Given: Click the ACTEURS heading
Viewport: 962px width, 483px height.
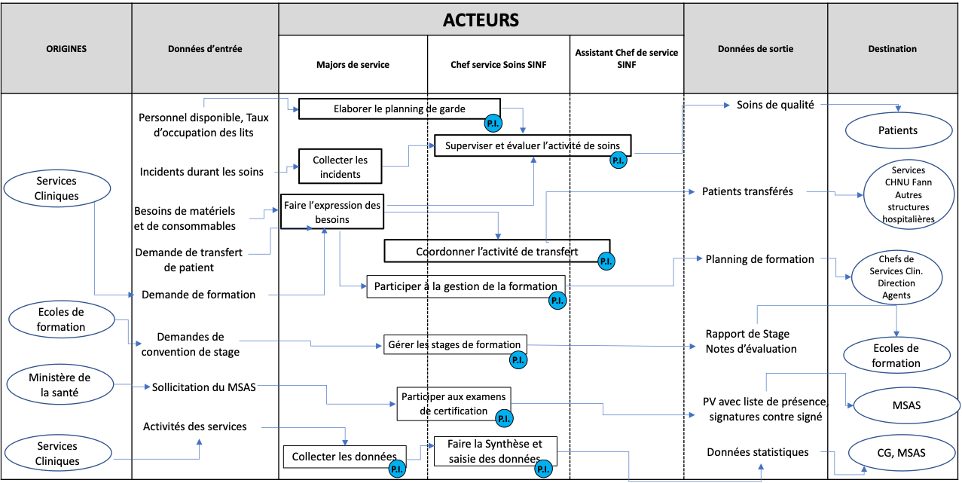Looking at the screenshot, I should pyautogui.click(x=481, y=20).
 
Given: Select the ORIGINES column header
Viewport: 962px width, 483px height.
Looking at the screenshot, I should pyautogui.click(x=66, y=49).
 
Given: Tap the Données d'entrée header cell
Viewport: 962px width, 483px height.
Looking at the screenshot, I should pyautogui.click(x=205, y=49).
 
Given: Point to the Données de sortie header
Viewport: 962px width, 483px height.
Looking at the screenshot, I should pyautogui.click(x=755, y=49).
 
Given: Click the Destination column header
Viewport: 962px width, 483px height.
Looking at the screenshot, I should pyautogui.click(x=892, y=49).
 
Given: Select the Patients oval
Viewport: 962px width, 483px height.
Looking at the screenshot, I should pyautogui.click(x=897, y=130).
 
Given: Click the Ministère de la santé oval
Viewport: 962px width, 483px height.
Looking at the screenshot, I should pyautogui.click(x=60, y=385).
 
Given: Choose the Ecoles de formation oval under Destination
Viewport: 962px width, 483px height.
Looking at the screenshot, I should pyautogui.click(x=896, y=356).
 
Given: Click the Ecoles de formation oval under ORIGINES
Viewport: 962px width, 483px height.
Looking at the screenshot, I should pyautogui.click(x=61, y=319).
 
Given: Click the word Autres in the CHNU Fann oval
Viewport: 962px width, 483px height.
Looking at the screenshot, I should pyautogui.click(x=908, y=194).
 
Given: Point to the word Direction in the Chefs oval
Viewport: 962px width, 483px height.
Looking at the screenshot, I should pyautogui.click(x=896, y=283).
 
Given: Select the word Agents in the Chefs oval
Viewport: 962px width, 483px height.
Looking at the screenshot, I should pyautogui.click(x=896, y=295).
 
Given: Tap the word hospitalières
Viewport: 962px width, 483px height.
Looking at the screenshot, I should pyautogui.click(x=908, y=219).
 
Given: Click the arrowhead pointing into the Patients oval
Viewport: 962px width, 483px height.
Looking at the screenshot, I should pyautogui.click(x=897, y=109).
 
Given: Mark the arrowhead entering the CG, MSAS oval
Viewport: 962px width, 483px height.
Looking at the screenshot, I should pyautogui.click(x=862, y=472).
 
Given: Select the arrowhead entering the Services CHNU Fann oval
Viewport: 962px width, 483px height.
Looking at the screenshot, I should pyautogui.click(x=860, y=195).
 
